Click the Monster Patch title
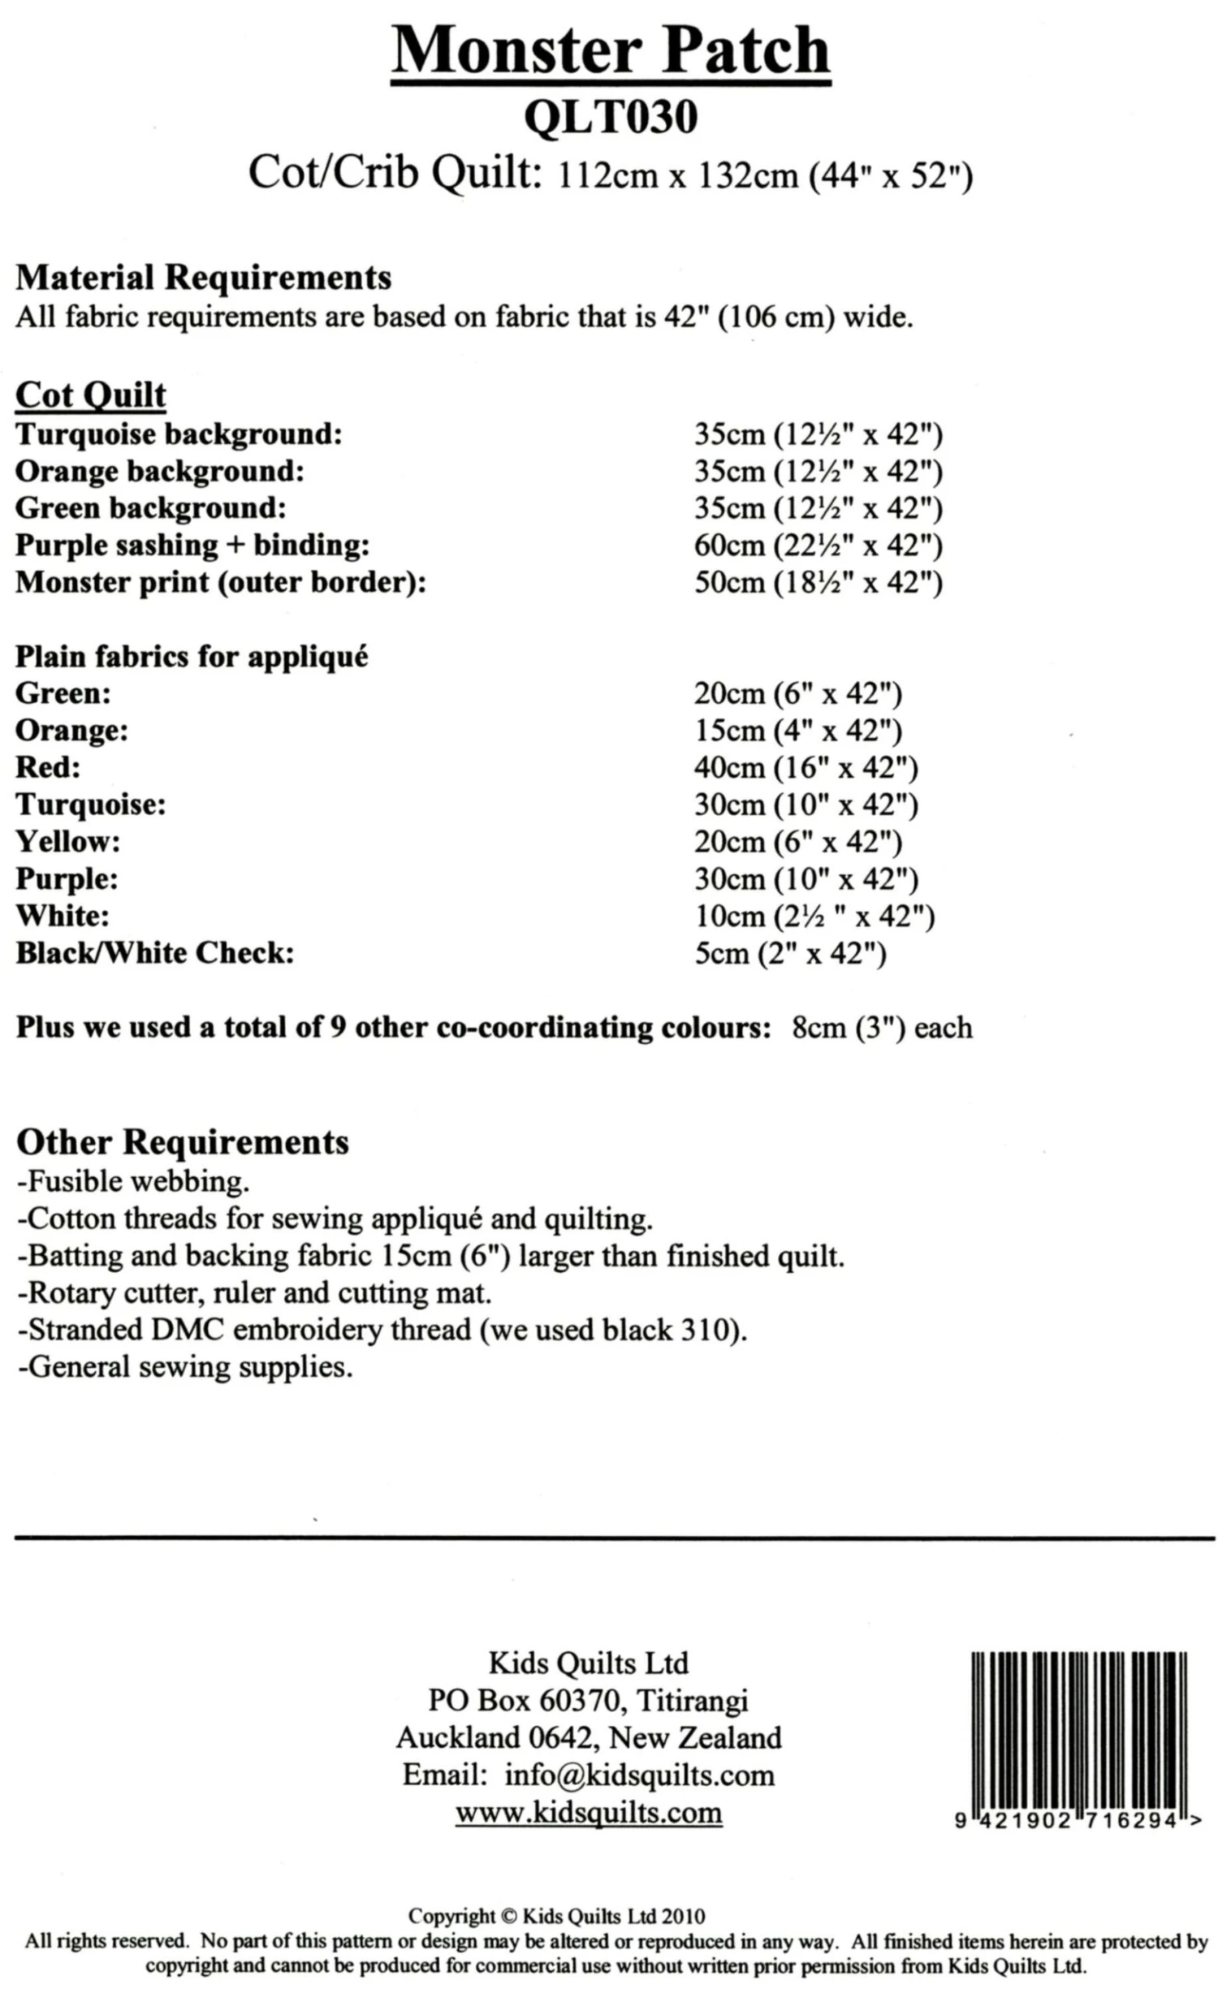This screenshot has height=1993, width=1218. (x=610, y=50)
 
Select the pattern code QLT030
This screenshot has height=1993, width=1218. (x=610, y=117)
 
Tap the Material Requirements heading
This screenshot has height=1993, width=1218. (x=203, y=278)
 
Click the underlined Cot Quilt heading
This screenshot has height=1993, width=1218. (x=90, y=395)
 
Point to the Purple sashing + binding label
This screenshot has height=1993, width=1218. (x=192, y=545)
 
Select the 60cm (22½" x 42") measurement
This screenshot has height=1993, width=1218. (x=818, y=546)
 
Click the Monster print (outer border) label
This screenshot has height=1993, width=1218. (x=220, y=582)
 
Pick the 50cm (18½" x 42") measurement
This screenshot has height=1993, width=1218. (x=818, y=583)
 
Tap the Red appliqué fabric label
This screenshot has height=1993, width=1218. (x=48, y=767)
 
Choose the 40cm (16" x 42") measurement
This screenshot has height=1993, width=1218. (x=806, y=768)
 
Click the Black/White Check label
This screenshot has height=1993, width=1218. (x=154, y=953)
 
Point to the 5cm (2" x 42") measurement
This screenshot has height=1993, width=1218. (x=790, y=954)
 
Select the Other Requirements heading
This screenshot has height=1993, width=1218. (x=182, y=1142)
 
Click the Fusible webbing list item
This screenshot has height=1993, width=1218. (x=133, y=1182)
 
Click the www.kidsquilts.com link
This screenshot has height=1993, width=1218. (x=588, y=1812)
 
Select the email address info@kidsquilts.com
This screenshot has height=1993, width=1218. (x=639, y=1775)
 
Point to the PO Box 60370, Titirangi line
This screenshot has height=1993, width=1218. (x=588, y=1701)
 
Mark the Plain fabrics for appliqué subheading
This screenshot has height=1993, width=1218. (x=192, y=656)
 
